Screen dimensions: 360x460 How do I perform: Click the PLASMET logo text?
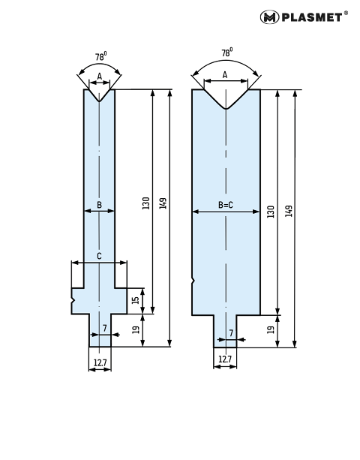[312, 17]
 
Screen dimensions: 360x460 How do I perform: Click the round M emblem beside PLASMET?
[269, 17]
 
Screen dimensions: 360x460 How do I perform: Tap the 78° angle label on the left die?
[100, 56]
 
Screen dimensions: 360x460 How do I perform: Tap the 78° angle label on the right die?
[227, 52]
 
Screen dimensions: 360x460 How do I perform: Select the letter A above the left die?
[100, 77]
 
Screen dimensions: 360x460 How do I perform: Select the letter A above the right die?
[225, 75]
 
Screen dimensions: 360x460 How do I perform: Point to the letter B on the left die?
[100, 205]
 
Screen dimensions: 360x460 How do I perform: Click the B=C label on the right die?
[226, 205]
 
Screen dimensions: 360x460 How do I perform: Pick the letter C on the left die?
[100, 256]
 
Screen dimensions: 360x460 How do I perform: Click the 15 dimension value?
[136, 300]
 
